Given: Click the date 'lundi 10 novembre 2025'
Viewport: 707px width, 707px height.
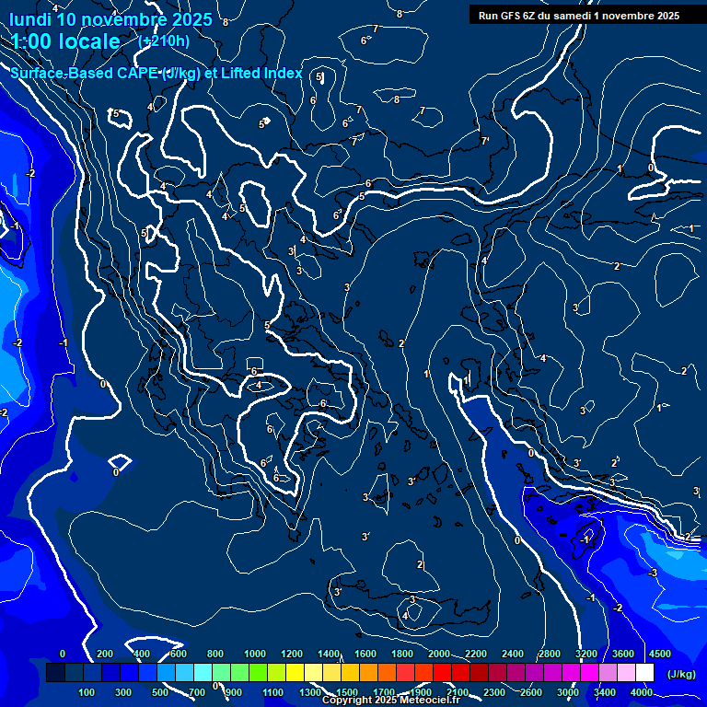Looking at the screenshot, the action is [x=111, y=19].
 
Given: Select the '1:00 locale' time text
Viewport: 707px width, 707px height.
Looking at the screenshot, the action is [x=66, y=41].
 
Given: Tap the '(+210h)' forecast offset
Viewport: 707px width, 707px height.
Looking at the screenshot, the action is [x=164, y=41].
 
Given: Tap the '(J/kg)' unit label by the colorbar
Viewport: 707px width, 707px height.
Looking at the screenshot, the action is [x=681, y=674].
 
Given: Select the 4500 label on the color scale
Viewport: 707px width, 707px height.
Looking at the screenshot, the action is [x=660, y=654].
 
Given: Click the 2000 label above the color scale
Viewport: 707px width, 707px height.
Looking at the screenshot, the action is [x=439, y=654].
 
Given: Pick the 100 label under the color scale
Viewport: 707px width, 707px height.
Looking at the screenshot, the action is [x=87, y=692].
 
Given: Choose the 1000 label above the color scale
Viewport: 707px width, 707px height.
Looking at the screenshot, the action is [x=255, y=654].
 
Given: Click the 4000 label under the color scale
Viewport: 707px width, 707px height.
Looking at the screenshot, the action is [x=642, y=692].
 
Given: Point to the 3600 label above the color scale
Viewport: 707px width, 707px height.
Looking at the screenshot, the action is [x=623, y=654].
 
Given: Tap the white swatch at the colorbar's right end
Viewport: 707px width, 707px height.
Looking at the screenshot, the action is [x=645, y=673].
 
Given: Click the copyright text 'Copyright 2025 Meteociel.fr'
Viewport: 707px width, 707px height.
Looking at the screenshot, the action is [x=390, y=701].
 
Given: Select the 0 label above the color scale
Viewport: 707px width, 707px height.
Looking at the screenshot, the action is [x=63, y=654].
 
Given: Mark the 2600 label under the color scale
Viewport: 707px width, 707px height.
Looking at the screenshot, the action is [x=531, y=692].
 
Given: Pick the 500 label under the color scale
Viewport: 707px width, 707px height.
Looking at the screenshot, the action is [x=161, y=692].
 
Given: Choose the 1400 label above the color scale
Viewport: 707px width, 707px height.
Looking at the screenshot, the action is [x=329, y=654].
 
